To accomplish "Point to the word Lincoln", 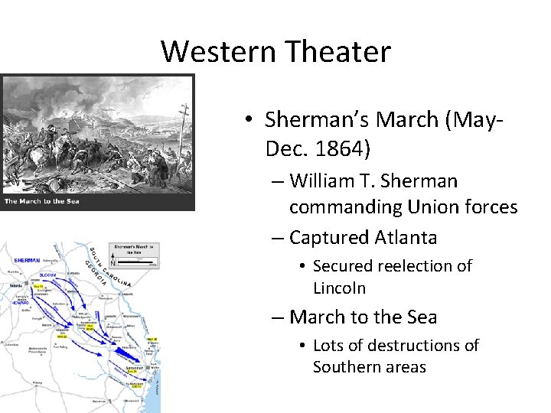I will (340, 288).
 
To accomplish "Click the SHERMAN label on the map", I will (27, 261).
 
